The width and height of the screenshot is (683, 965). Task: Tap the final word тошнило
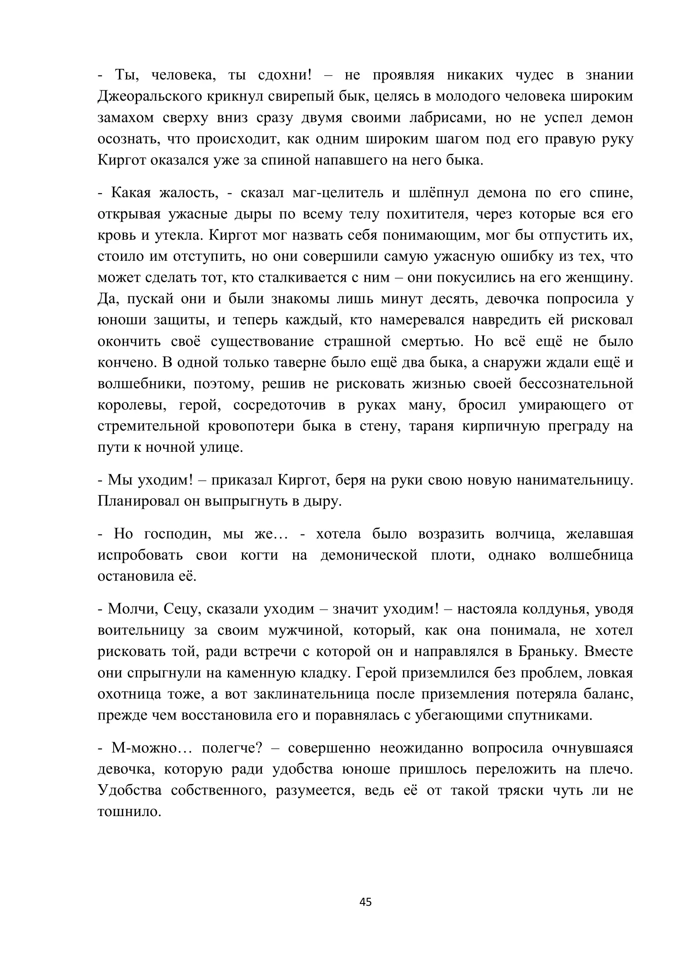(x=130, y=812)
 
